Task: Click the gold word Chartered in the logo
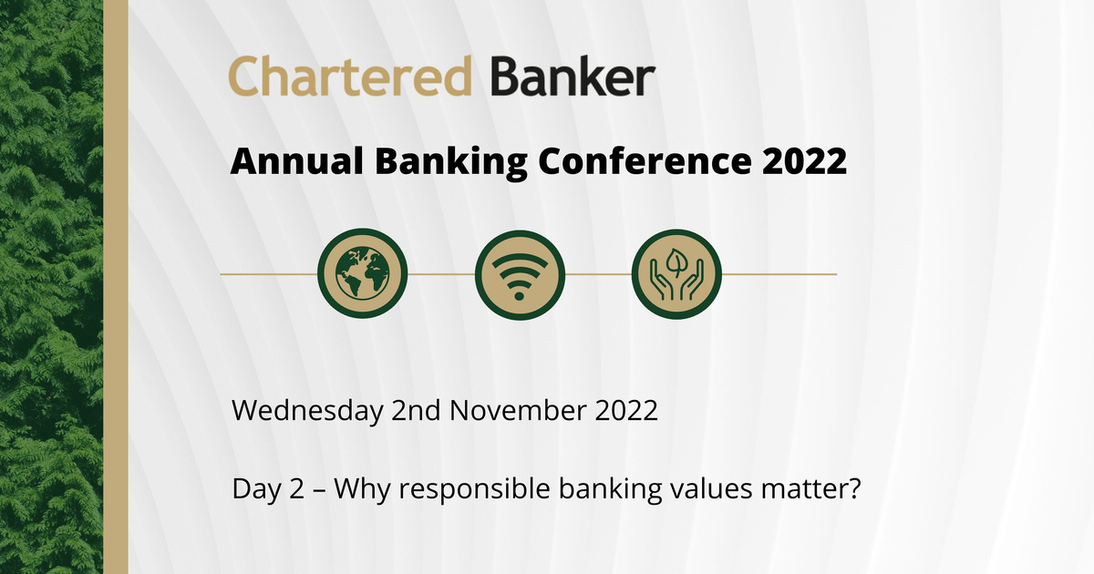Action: click(x=349, y=77)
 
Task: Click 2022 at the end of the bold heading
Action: click(x=802, y=163)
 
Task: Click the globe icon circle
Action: click(x=362, y=273)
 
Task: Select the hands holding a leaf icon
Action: click(x=676, y=273)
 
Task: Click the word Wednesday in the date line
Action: click(x=307, y=411)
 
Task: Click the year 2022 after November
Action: click(x=627, y=411)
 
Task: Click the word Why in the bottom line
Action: click(x=361, y=490)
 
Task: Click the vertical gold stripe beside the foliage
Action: click(x=115, y=287)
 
